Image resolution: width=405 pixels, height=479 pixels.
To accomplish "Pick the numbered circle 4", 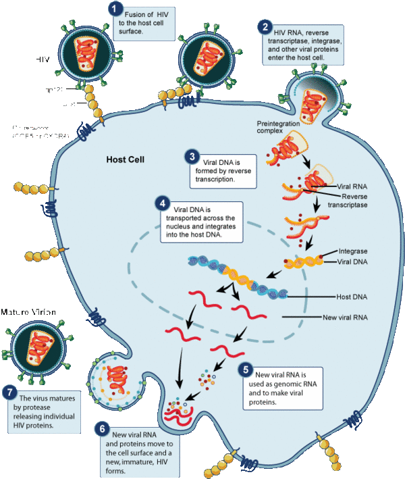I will (x=162, y=203).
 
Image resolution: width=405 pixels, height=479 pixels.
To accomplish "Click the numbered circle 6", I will (x=101, y=429).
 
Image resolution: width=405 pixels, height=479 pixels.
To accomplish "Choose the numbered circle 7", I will (x=9, y=391).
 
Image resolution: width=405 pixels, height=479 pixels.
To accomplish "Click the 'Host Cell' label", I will (x=127, y=161).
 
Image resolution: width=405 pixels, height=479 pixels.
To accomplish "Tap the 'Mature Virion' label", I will (x=28, y=312).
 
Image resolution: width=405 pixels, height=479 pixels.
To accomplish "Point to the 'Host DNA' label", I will (x=352, y=296).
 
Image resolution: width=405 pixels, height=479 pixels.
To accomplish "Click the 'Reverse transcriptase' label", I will (x=354, y=200).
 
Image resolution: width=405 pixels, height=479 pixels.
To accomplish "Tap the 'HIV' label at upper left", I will (x=44, y=59).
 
